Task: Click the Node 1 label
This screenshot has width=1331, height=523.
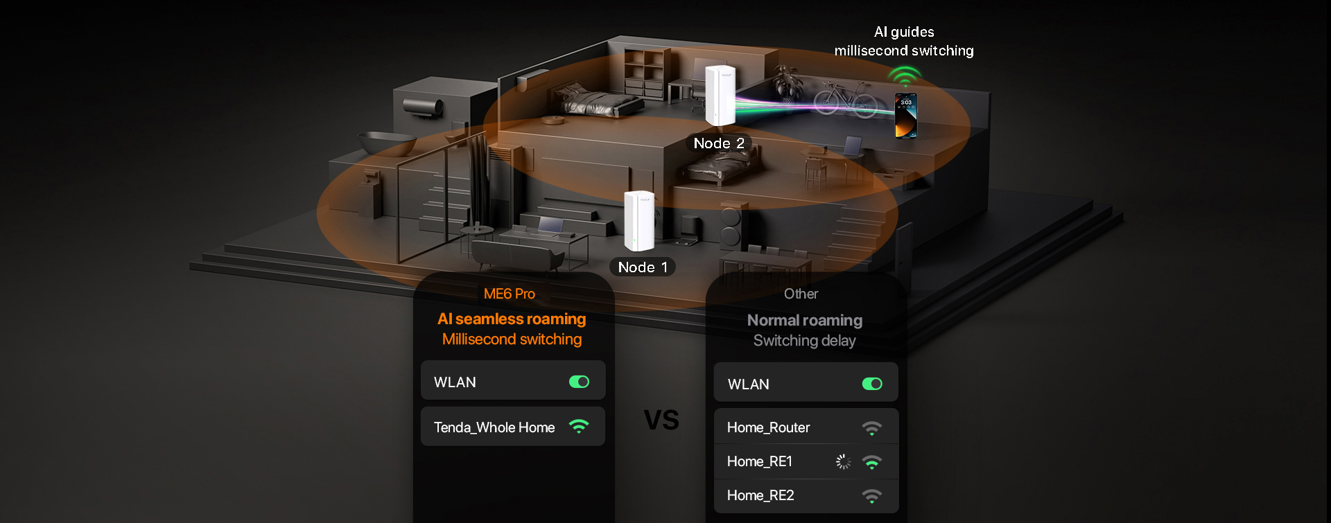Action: pos(642,267)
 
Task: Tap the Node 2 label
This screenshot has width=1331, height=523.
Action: pos(719,143)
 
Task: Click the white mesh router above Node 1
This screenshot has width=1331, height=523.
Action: pos(638,221)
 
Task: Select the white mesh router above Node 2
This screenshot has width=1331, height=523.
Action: pos(720,96)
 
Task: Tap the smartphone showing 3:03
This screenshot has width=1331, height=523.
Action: pos(905,116)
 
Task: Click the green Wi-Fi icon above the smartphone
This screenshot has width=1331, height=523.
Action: pos(905,75)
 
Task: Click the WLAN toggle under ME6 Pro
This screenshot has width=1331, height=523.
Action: pos(579,382)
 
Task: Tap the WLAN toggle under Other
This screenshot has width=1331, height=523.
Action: pos(872,384)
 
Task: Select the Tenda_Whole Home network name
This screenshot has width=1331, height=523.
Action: pos(494,427)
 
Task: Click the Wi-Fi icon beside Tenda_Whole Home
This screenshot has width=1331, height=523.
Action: pos(579,427)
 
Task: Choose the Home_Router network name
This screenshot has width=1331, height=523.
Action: pos(768,427)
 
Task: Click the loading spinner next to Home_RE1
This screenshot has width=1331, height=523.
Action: pos(843,461)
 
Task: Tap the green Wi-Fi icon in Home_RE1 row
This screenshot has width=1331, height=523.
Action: pos(872,462)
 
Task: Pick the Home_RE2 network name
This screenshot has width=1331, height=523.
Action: pos(760,495)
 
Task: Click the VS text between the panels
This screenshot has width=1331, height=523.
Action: pos(661,420)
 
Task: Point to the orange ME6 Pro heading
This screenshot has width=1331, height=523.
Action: pos(510,294)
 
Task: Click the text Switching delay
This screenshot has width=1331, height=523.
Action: pos(804,341)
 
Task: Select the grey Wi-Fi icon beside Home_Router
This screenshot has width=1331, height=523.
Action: pos(872,428)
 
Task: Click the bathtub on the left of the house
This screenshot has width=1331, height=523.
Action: pos(386,143)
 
